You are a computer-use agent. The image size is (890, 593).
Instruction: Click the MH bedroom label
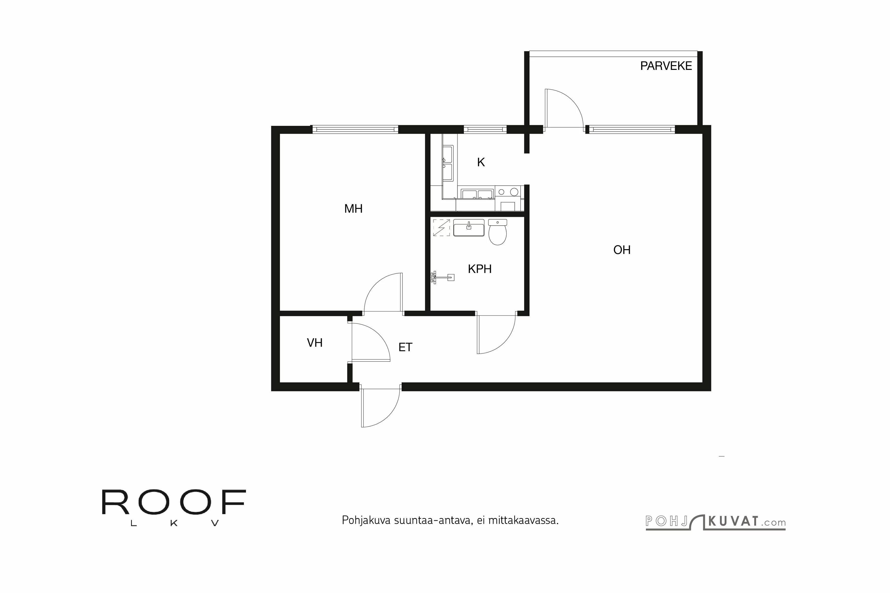353,209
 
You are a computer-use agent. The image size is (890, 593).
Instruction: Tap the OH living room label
622,250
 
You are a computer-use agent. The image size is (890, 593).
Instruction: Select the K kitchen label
480,162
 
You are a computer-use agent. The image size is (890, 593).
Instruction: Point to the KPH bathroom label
479,269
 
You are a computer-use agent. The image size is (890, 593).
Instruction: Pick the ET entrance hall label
405,347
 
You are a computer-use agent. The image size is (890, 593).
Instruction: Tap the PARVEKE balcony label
665,66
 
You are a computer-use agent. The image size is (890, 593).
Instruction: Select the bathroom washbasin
469,228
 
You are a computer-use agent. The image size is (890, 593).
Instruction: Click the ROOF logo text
174,503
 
